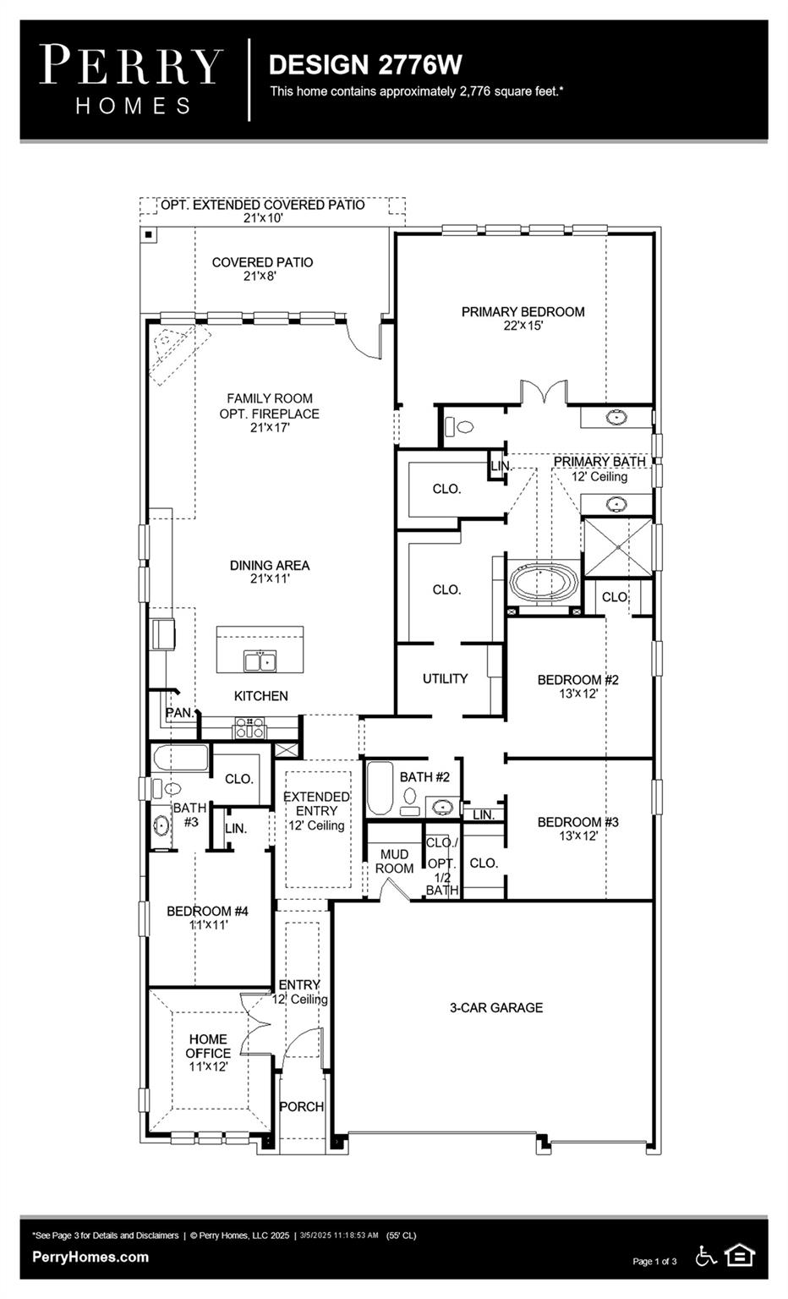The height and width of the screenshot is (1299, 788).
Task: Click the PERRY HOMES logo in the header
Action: click(x=131, y=79)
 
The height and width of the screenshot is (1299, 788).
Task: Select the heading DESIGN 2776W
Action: click(x=364, y=65)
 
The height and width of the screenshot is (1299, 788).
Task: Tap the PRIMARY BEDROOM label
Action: click(x=523, y=318)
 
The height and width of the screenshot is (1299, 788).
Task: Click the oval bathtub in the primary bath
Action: click(x=544, y=584)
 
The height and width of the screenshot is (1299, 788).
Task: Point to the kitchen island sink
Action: click(x=260, y=660)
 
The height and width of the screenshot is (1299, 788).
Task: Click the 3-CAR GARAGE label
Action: click(x=495, y=1007)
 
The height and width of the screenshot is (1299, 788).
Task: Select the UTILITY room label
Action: click(x=445, y=678)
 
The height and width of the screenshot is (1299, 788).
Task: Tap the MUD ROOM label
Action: click(x=394, y=861)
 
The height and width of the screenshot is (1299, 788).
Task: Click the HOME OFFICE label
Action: click(x=208, y=1046)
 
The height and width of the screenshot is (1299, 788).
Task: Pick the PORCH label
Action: click(x=301, y=1106)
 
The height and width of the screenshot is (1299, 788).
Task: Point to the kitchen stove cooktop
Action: click(x=249, y=727)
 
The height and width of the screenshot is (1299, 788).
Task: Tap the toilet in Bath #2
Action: click(x=410, y=797)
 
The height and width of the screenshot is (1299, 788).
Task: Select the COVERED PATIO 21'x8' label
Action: click(x=262, y=269)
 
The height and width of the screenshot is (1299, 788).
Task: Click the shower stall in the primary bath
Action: click(x=618, y=546)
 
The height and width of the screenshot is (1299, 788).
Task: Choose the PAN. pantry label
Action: click(x=179, y=713)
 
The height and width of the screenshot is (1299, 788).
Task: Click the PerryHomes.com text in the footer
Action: click(x=90, y=1257)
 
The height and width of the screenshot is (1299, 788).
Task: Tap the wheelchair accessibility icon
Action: click(x=705, y=1256)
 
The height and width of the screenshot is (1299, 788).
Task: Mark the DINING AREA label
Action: click(x=270, y=572)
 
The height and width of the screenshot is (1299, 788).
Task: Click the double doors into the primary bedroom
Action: click(x=543, y=394)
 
